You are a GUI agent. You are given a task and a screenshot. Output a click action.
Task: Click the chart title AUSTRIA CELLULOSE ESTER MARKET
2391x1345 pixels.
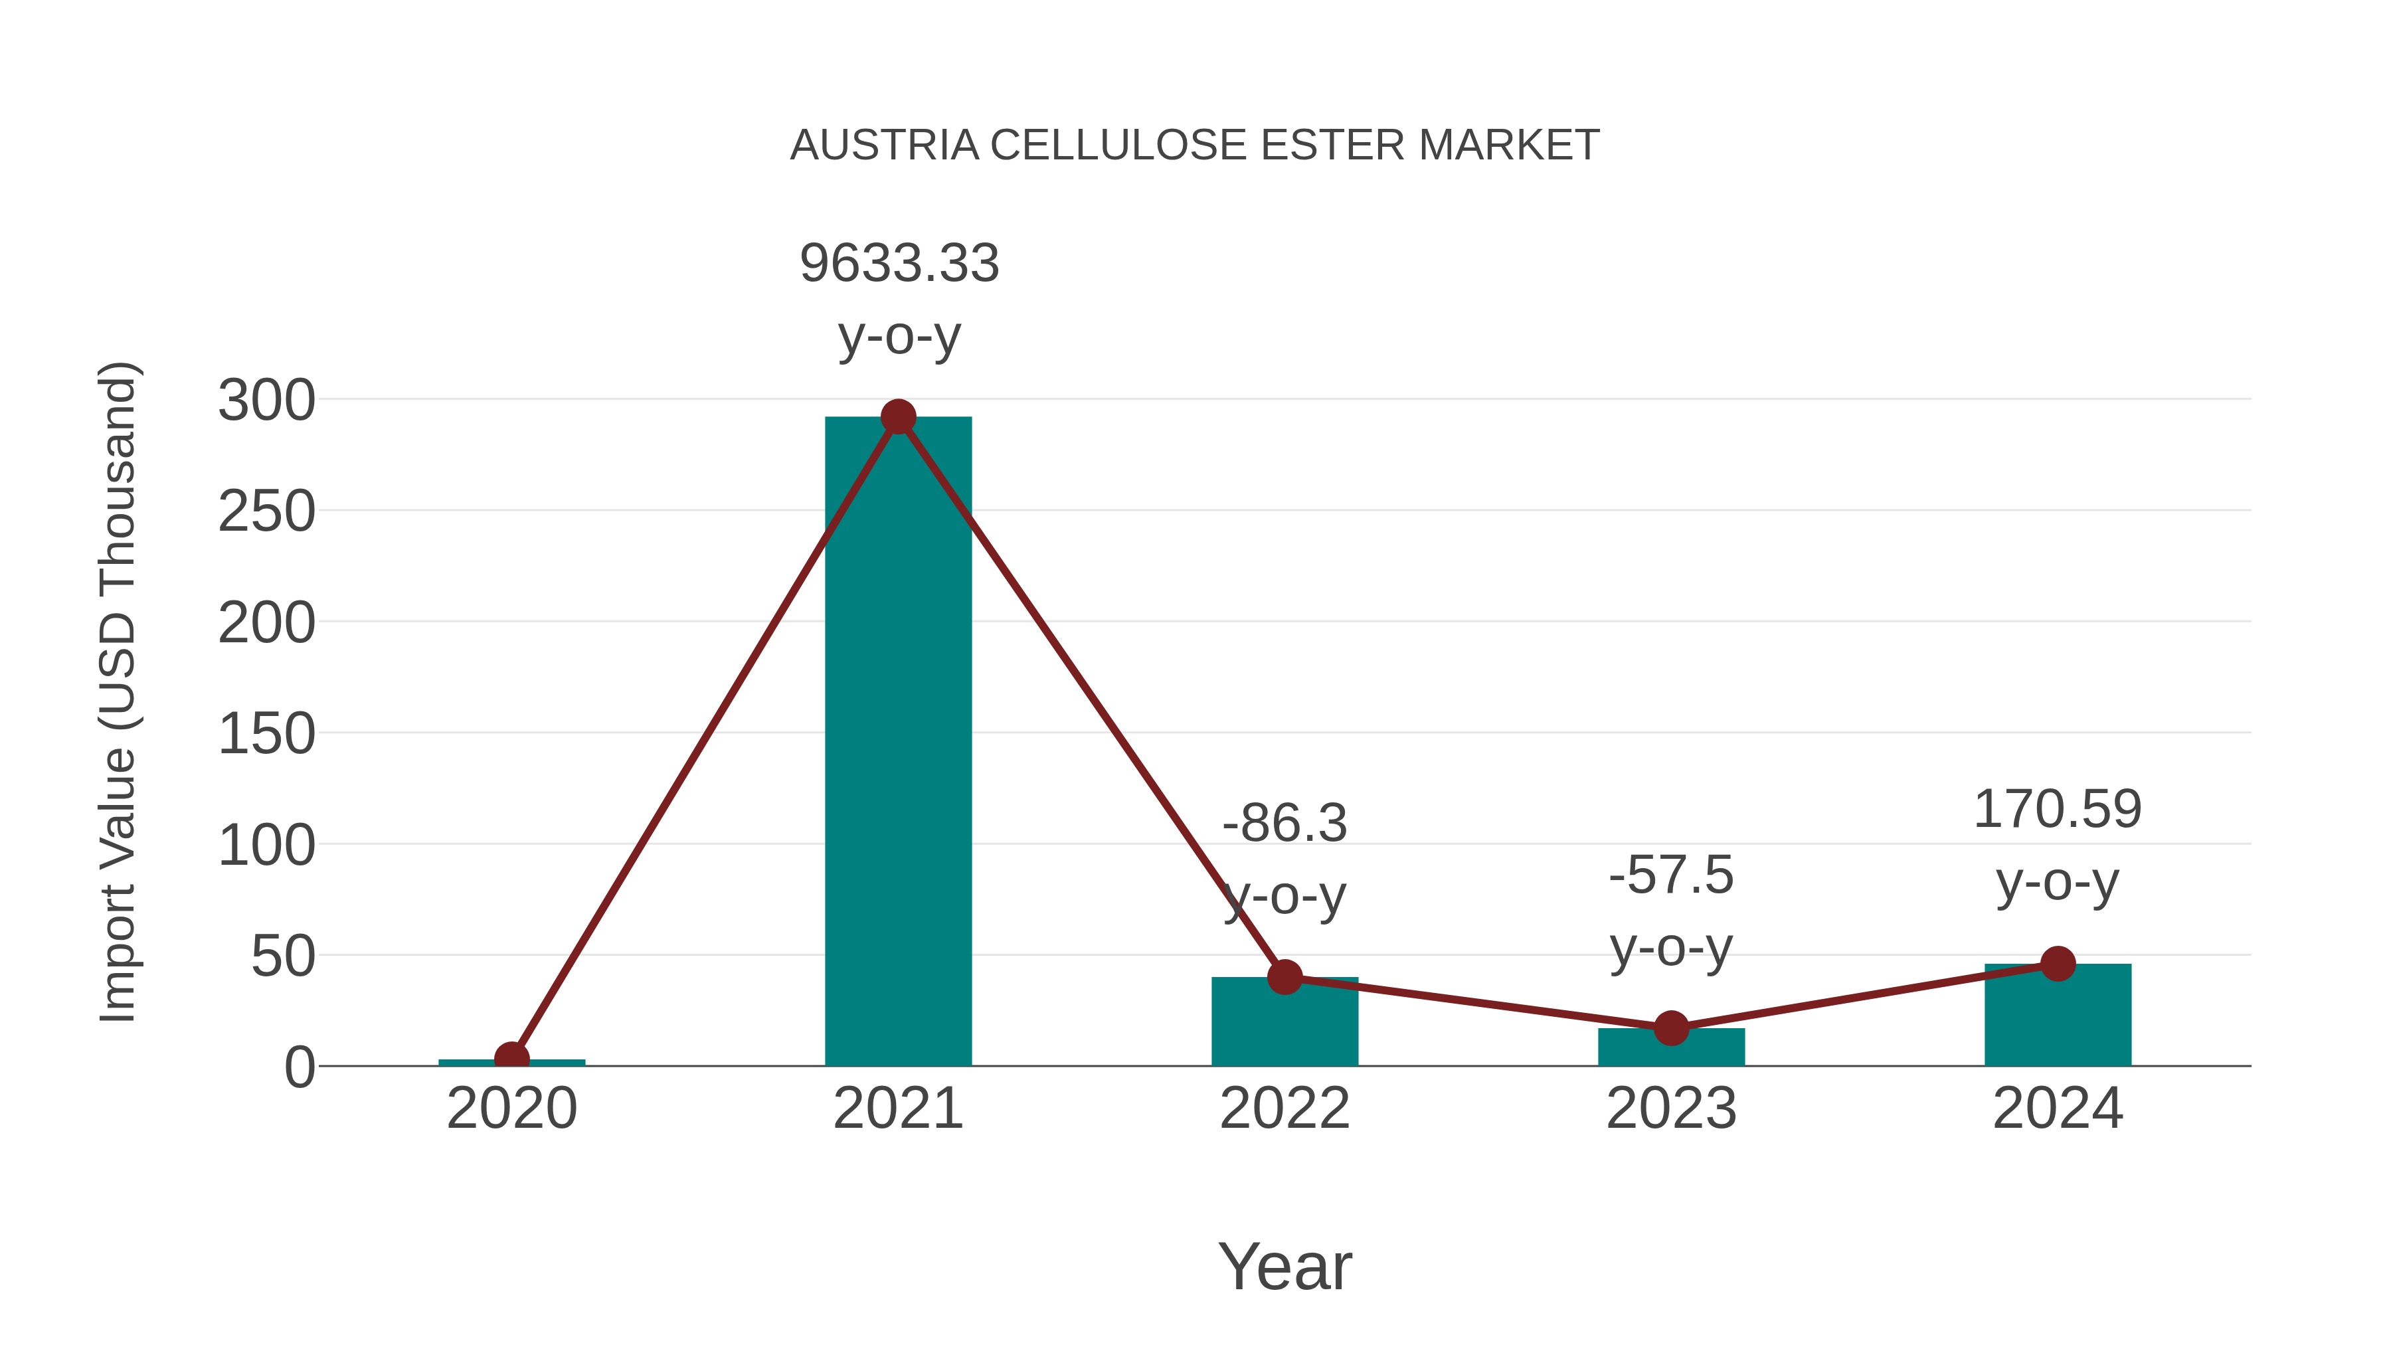1195,145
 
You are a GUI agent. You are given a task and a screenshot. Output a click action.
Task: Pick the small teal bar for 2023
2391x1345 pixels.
1671,1049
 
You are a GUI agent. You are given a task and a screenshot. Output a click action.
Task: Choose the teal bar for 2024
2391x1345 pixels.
2058,1016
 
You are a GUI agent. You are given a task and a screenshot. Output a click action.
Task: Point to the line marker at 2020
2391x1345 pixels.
511,1058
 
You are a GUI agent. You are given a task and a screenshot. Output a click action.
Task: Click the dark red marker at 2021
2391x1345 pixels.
897,418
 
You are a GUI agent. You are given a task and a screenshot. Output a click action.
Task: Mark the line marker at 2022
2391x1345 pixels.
1284,976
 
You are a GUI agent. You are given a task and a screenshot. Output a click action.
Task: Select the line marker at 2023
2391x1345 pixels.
1671,1028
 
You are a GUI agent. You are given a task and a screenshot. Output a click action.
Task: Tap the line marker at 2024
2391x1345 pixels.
2058,964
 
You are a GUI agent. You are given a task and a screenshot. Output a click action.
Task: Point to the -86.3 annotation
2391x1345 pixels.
1284,824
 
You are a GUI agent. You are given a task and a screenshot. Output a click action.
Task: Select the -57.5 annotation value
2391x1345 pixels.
1671,875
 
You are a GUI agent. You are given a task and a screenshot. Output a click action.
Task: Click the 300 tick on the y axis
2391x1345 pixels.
266,401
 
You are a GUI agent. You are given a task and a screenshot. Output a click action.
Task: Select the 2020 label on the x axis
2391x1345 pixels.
511,1109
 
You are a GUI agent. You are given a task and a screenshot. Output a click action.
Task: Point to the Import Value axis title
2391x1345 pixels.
118,691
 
